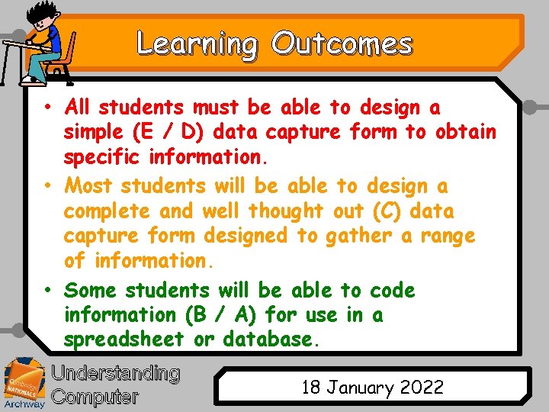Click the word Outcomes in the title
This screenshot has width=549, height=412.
tap(341, 44)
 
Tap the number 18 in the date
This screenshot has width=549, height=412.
tap(311, 387)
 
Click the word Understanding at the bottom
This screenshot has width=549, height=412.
tap(115, 373)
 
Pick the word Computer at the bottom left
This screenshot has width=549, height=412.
tap(95, 397)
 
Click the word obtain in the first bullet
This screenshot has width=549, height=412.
tap(466, 133)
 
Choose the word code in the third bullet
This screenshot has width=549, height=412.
tap(393, 291)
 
